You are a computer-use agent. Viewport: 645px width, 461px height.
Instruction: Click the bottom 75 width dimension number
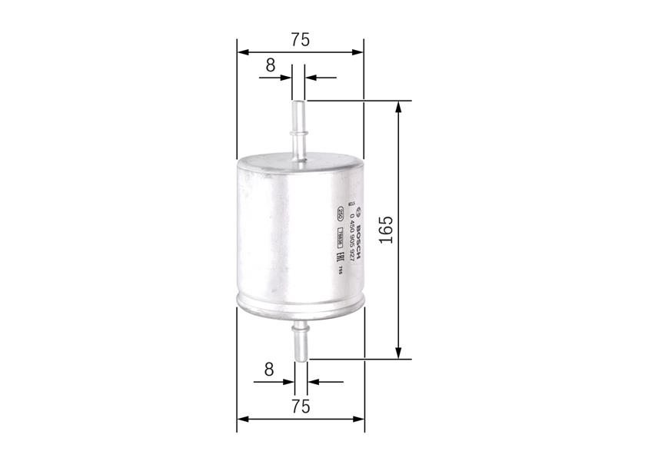(x=301, y=406)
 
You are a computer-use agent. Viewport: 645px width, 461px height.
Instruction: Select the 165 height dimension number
(x=386, y=230)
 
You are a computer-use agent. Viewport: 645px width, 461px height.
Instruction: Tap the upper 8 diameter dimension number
(x=270, y=65)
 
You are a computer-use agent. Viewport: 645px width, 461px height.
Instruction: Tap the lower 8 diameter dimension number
(x=268, y=370)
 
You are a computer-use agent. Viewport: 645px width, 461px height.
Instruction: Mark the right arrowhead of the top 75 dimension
(x=357, y=52)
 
